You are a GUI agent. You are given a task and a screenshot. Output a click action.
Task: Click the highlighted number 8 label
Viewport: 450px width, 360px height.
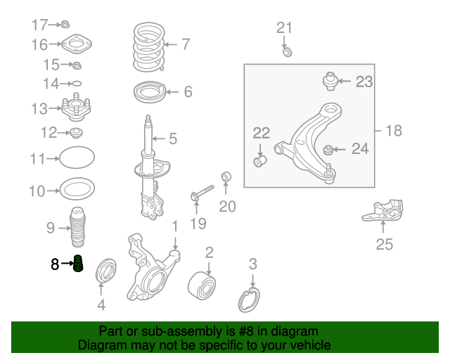click(55, 264)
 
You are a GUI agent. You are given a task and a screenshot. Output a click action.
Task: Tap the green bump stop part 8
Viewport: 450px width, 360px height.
click(79, 265)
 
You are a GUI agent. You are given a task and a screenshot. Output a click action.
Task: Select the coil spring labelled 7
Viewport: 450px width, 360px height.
click(148, 46)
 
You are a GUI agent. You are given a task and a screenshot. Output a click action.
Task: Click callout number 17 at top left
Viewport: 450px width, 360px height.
click(39, 25)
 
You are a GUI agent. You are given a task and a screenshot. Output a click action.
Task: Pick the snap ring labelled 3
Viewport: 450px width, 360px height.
click(249, 300)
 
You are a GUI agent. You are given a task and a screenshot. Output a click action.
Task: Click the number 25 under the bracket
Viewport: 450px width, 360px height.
click(384, 245)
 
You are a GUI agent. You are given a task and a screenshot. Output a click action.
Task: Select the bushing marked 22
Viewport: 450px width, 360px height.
click(260, 162)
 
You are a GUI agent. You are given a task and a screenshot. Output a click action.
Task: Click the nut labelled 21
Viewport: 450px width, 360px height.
click(287, 51)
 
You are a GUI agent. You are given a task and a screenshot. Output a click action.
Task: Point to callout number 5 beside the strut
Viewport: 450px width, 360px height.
click(172, 139)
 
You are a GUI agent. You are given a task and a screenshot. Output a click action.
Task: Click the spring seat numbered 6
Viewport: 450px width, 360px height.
click(148, 92)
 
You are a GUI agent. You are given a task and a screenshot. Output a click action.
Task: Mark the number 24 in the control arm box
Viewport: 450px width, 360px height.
click(359, 148)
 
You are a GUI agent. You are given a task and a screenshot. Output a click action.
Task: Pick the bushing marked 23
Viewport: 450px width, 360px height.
click(330, 81)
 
